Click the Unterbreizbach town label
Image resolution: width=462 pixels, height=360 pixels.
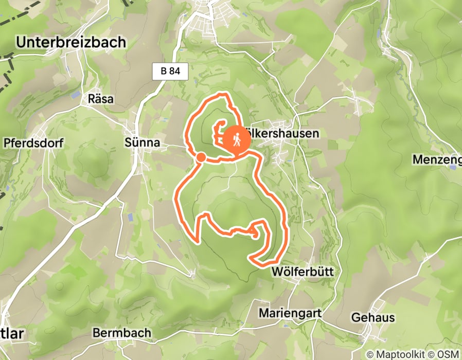coord(71,43)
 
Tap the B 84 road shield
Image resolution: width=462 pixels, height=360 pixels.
coord(170,72)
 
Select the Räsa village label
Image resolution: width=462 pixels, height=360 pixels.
coord(101,99)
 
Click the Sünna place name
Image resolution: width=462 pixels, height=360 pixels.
coord(142,142)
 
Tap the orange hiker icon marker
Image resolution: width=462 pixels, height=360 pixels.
coord(237,139)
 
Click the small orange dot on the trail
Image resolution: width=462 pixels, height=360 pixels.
coord(201,156)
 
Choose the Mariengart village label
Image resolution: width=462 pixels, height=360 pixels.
coord(290,313)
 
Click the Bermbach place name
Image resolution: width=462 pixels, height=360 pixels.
coord(122,333)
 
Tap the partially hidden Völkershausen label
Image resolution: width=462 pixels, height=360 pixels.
coord(285,134)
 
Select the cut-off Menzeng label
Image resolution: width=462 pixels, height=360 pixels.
coord(437,160)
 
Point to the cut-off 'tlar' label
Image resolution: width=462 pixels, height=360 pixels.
coord(11,333)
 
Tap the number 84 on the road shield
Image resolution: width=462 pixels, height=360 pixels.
coord(175,72)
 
